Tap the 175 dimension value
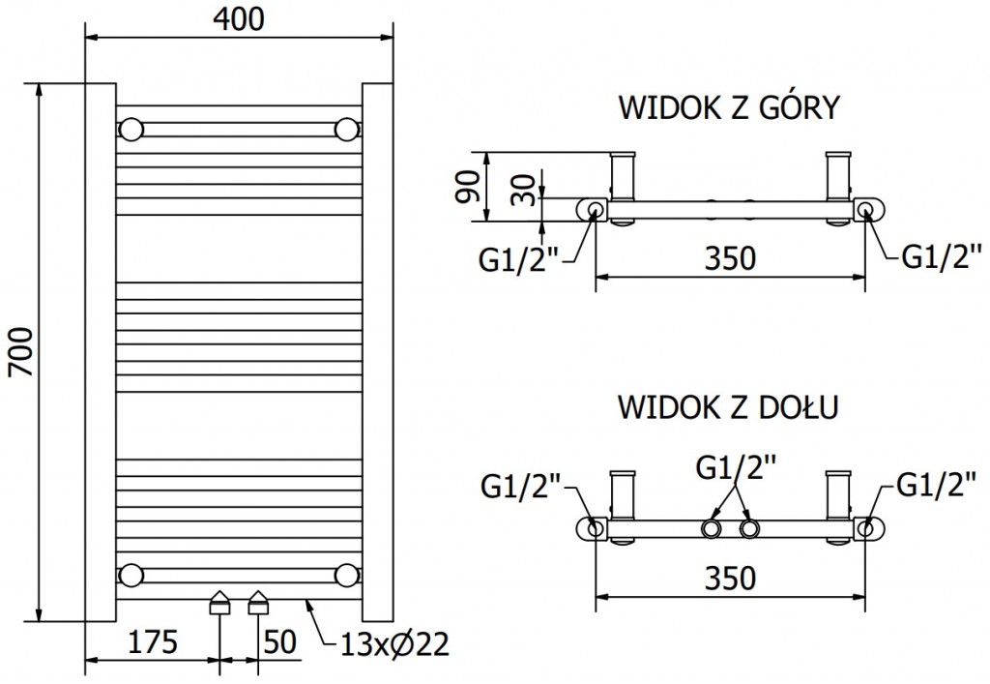pyautogui.click(x=153, y=641)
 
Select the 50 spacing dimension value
pyautogui.click(x=279, y=641)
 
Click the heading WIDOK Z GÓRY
pyautogui.click(x=729, y=106)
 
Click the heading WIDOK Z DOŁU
pyautogui.click(x=729, y=406)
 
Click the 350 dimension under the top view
pyautogui.click(x=729, y=259)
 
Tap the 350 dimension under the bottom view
pyautogui.click(x=729, y=579)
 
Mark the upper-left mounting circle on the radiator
pyautogui.click(x=131, y=129)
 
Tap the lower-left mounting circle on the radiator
pyautogui.click(x=131, y=576)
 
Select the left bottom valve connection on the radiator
pyautogui.click(x=220, y=604)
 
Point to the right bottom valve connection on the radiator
pyautogui.click(x=258, y=604)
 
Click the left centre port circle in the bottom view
pyautogui.click(x=713, y=528)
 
